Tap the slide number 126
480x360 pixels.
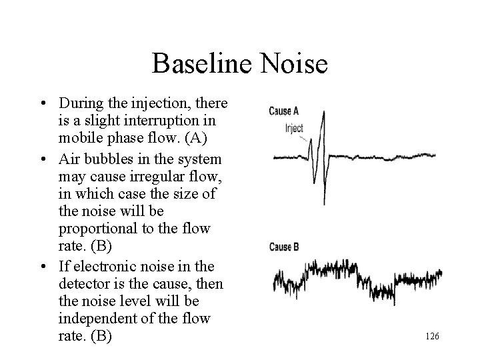pos(431,337)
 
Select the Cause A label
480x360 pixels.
pos(284,111)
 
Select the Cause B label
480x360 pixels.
pos(284,247)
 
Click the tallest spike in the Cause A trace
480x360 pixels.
pos(323,123)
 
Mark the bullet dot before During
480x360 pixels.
pos(42,105)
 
